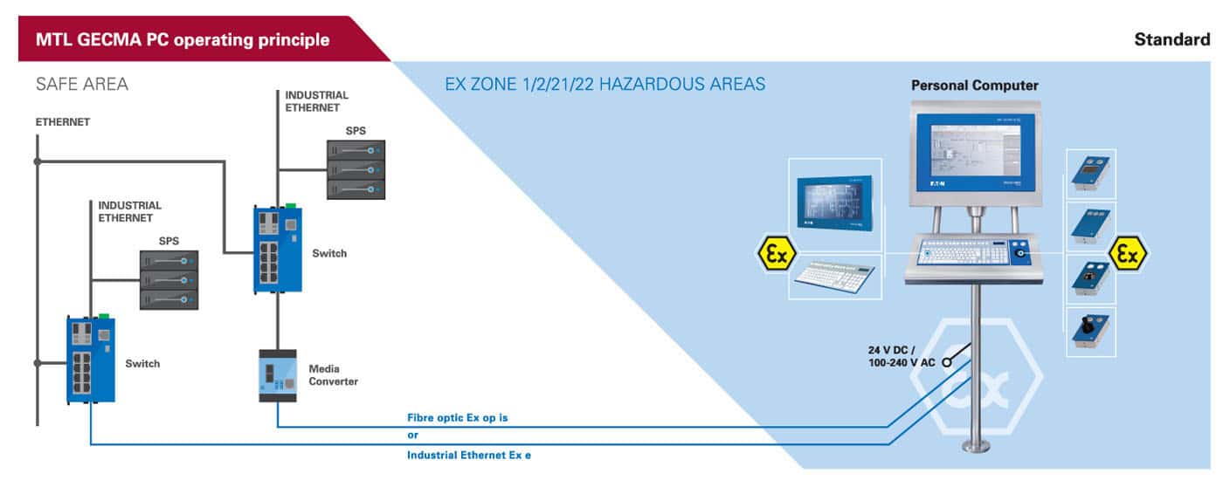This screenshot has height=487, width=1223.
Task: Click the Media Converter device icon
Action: coord(278,376)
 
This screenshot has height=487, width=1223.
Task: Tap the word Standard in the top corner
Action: coord(1172,40)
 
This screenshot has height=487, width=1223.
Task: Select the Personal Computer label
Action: coord(975,86)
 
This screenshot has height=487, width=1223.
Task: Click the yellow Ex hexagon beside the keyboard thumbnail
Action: coord(777,254)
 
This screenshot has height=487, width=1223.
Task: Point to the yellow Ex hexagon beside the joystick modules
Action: coord(1128,254)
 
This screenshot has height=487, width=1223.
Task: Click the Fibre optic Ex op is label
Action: coord(458,418)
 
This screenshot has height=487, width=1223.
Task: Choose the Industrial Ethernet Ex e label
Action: coord(469,455)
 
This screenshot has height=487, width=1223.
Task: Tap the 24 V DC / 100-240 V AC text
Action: coord(902,356)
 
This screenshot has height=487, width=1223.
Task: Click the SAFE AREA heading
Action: coord(82,84)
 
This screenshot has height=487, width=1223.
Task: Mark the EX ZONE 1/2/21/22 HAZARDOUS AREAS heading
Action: coord(605,84)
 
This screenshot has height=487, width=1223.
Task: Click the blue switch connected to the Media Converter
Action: coord(278,250)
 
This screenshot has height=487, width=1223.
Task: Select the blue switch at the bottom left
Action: coord(91,359)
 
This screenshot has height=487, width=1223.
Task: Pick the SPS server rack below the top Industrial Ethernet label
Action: coord(356,169)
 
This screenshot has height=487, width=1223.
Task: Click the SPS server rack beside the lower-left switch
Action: coord(169,280)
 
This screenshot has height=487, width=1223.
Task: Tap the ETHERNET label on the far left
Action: coord(63,122)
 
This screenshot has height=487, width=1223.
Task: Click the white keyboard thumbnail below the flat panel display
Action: coord(834,277)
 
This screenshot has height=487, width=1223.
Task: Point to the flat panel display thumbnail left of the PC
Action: coord(835,202)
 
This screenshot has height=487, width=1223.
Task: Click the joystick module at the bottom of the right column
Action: coord(1091,331)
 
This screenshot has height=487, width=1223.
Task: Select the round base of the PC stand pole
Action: coord(976,447)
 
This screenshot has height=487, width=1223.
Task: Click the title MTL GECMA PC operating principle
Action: coord(183,40)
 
